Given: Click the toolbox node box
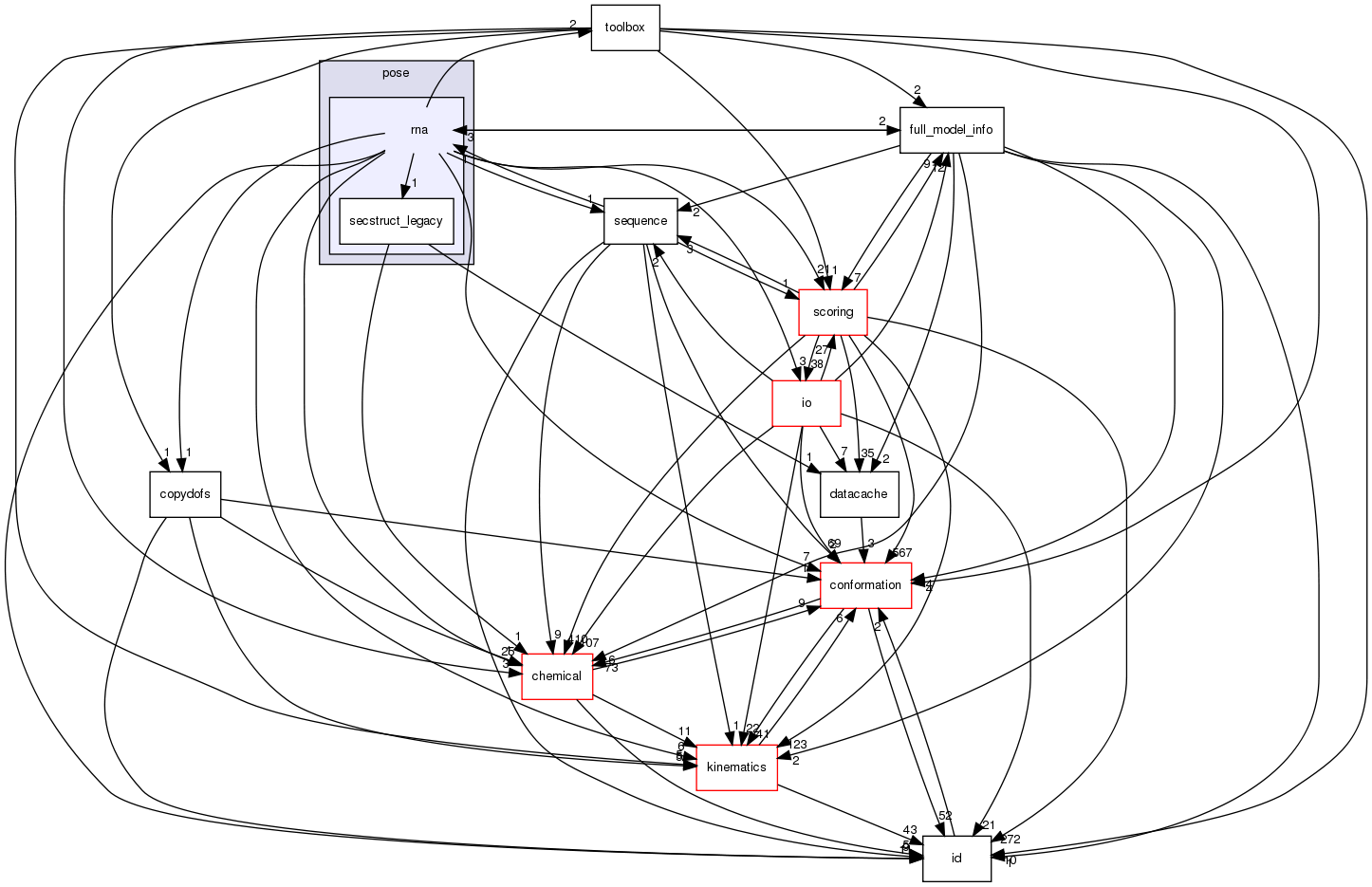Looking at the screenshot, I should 624,28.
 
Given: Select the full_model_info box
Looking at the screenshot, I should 951,130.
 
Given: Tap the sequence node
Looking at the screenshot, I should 640,221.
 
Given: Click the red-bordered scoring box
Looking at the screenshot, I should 832,312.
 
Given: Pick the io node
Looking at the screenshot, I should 806,403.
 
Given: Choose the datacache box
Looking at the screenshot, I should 858,494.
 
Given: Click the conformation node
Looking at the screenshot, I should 864,585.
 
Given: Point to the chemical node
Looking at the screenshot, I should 556,676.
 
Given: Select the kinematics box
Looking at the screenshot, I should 736,767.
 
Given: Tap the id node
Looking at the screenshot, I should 956,859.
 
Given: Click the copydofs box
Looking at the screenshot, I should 185,494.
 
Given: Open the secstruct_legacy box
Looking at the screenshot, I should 396,221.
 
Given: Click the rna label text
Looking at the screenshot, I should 418,130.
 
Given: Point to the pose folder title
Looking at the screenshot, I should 396,73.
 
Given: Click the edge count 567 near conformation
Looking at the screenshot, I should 900,553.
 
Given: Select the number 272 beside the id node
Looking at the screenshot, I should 1010,840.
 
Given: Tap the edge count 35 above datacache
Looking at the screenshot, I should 867,453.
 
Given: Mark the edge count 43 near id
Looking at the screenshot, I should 910,830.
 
